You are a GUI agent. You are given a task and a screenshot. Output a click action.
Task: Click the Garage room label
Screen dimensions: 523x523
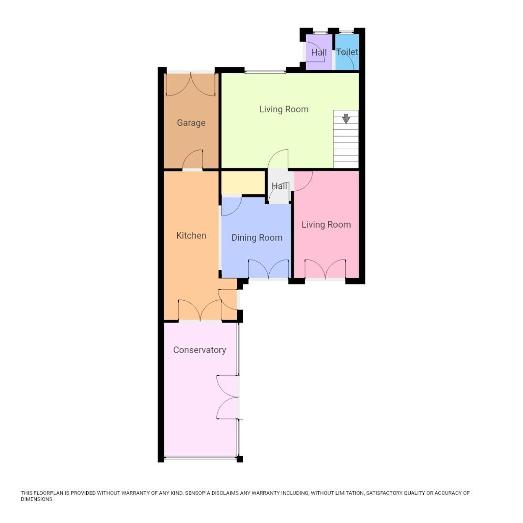191,123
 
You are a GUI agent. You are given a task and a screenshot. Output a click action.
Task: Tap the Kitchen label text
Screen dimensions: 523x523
191,236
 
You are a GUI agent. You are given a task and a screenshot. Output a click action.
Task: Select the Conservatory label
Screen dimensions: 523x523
200,350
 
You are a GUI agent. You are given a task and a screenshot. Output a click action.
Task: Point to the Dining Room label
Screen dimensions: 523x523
257,238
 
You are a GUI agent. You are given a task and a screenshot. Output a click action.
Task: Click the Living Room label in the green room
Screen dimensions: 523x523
284,109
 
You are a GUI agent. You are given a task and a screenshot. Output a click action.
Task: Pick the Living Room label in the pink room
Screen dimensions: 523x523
326,225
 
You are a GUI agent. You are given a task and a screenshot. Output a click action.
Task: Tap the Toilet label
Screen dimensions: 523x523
347,52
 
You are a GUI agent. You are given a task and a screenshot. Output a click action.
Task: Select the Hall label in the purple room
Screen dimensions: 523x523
319,52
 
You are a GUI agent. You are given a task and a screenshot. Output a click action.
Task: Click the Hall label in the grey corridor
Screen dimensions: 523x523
279,186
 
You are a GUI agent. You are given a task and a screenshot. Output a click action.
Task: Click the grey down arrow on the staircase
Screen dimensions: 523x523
346,118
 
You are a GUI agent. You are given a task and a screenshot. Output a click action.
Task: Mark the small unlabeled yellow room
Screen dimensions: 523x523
243,182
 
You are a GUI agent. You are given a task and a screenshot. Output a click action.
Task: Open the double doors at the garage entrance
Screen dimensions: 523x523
191,84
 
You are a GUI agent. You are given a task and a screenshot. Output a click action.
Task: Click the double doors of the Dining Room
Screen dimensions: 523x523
268,269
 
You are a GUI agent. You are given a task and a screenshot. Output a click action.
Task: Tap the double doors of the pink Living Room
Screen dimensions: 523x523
325,269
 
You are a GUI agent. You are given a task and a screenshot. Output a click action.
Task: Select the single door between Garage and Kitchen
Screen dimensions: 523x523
192,161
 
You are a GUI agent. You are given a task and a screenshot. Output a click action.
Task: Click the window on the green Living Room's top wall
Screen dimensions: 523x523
265,72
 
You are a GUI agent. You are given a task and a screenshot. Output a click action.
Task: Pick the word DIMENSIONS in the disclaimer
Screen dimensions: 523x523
36,499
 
